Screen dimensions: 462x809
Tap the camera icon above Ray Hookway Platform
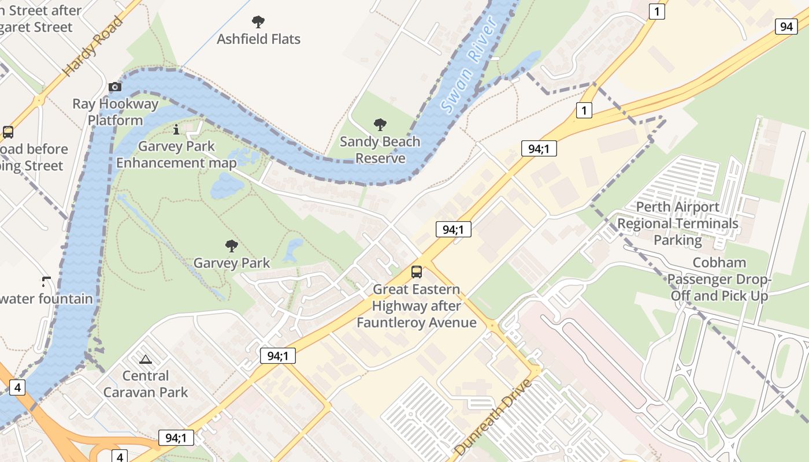[x=115, y=87]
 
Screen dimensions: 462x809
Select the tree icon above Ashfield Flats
[x=258, y=22]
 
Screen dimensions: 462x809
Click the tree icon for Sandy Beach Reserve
[x=380, y=124]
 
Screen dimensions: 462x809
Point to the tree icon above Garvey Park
[x=232, y=246]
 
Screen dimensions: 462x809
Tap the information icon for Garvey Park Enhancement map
[x=176, y=129]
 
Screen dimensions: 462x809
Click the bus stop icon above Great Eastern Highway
[x=416, y=272]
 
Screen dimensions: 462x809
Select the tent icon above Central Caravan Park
[x=146, y=359]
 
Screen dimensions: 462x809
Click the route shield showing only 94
[x=786, y=26]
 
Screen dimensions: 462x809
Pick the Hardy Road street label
[x=93, y=46]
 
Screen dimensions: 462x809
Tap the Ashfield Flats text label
[x=258, y=39]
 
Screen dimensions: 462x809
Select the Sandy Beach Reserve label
[x=380, y=150]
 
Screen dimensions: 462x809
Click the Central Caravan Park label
[x=146, y=384]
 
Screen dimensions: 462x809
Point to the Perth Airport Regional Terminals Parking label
[x=678, y=223]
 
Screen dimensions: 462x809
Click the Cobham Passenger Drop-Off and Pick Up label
[x=719, y=280]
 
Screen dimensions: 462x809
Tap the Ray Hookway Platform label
[x=115, y=112]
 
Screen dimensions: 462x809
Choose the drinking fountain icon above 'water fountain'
[x=46, y=282]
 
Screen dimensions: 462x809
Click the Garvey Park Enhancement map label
[x=176, y=155]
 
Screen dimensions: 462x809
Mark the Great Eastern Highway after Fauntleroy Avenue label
[x=416, y=306]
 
